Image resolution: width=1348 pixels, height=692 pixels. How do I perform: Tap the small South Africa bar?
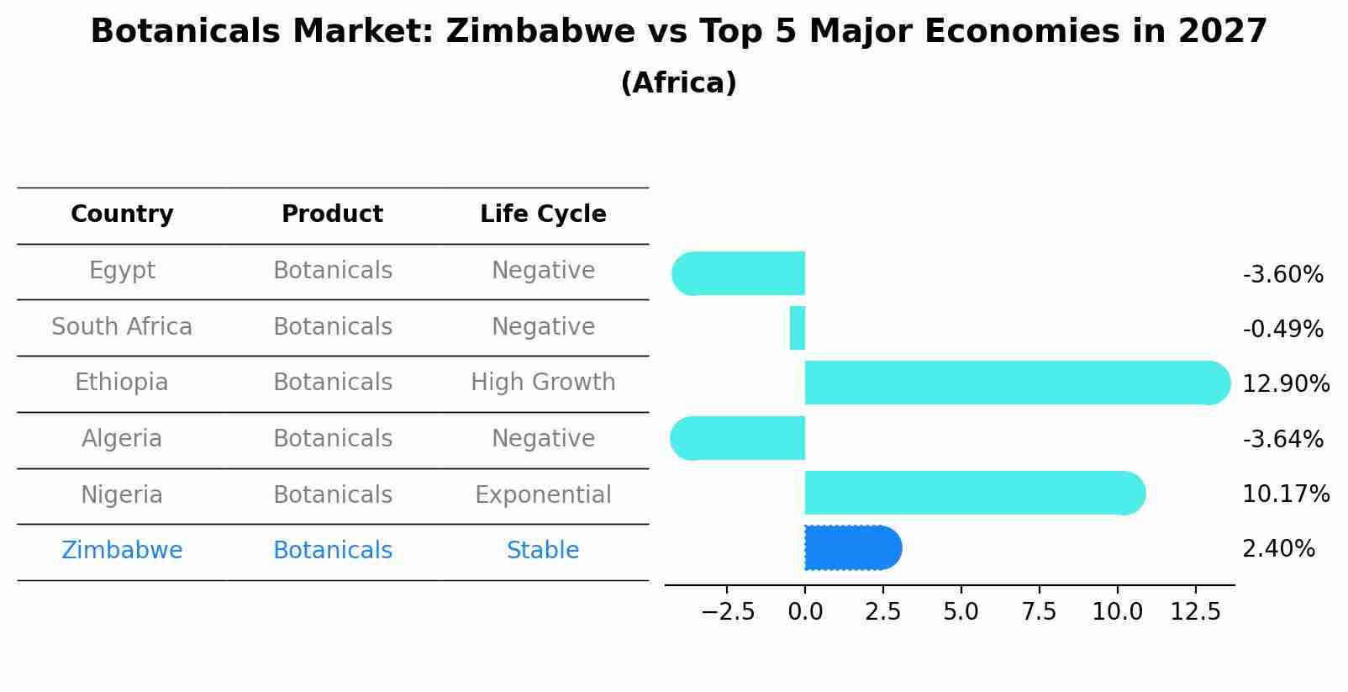pyautogui.click(x=798, y=328)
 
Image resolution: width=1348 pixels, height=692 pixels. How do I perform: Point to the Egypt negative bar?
pyautogui.click(x=739, y=273)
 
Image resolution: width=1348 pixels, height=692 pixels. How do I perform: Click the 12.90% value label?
pyautogui.click(x=1285, y=384)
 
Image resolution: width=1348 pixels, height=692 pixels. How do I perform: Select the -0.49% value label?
pyautogui.click(x=1282, y=329)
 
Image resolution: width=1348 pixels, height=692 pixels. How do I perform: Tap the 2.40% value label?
pyautogui.click(x=1278, y=549)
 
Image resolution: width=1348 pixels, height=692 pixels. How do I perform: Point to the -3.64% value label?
pyautogui.click(x=1282, y=439)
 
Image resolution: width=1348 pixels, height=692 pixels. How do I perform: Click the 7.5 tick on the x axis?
pyautogui.click(x=1039, y=611)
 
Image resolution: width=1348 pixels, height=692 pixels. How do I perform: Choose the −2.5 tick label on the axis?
pyautogui.click(x=728, y=611)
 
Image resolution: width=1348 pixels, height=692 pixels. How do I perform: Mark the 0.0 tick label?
pyautogui.click(x=805, y=611)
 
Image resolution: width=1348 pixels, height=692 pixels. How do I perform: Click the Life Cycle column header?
pyautogui.click(x=543, y=214)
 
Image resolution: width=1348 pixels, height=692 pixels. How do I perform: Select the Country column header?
pyautogui.click(x=122, y=214)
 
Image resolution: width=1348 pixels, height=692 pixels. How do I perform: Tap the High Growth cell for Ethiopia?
pyautogui.click(x=543, y=383)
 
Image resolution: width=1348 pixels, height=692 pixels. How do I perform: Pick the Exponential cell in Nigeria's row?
pyautogui.click(x=543, y=494)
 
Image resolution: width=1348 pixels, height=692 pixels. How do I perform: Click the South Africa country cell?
pyautogui.click(x=122, y=326)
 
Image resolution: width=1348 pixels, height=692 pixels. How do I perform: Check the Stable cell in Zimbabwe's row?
pyautogui.click(x=543, y=551)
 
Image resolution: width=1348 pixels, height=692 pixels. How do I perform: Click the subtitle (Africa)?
pyautogui.click(x=678, y=83)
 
